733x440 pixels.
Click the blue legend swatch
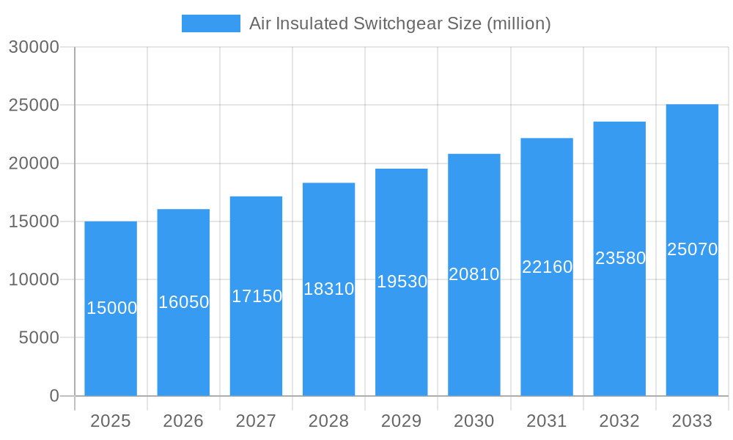click(x=210, y=23)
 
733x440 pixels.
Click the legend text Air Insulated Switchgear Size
click(x=399, y=23)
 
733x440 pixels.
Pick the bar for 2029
click(x=402, y=337)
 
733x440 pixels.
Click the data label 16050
click(x=183, y=302)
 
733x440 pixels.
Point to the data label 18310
click(x=328, y=289)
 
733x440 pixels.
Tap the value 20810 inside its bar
click(x=474, y=274)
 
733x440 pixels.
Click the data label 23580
click(x=620, y=258)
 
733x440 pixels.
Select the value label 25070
click(x=692, y=249)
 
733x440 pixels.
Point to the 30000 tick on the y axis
click(x=33, y=47)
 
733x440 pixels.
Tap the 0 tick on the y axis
click(x=54, y=396)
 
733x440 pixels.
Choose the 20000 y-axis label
click(x=33, y=164)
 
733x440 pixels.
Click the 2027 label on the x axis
click(x=256, y=421)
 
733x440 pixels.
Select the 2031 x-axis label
click(x=547, y=421)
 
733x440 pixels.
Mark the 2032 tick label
click(x=619, y=421)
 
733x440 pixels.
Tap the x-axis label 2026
click(x=183, y=421)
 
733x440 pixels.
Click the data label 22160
click(x=547, y=267)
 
